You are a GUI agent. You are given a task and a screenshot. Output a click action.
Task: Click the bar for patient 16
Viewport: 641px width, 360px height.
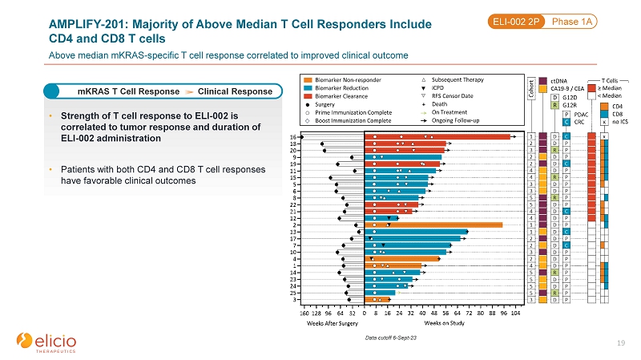437,137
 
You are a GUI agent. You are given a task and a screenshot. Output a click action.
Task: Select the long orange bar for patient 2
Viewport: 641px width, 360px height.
433,225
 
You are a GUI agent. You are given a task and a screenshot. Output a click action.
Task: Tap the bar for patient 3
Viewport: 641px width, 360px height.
377,300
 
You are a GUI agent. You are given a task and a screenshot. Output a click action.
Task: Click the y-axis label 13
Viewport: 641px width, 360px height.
296,232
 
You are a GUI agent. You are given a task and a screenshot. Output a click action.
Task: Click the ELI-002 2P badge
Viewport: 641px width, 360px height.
514,22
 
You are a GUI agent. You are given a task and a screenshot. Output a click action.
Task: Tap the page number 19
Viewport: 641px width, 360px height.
623,343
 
